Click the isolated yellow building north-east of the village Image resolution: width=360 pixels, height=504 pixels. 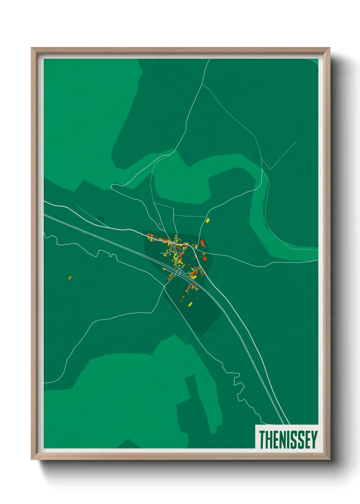[x=208, y=220]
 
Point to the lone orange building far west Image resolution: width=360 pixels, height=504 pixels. [x=70, y=278]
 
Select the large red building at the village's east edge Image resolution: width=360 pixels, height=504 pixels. [x=202, y=243]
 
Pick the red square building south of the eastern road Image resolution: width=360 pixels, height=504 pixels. [x=204, y=258]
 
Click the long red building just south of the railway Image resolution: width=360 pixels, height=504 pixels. [x=188, y=288]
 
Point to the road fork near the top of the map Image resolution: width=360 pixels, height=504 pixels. [x=203, y=84]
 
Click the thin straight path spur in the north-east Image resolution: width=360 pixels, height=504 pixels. [x=283, y=155]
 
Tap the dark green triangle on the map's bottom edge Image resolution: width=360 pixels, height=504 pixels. [x=128, y=444]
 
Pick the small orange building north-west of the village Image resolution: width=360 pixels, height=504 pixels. [x=159, y=224]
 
